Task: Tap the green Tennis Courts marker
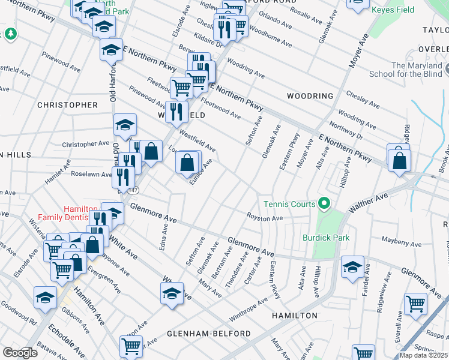click(324, 205)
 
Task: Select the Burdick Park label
click(325, 238)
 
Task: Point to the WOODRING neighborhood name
click(310, 96)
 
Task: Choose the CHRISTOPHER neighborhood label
click(67, 105)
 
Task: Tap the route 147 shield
click(133, 190)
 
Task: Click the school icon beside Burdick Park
click(352, 267)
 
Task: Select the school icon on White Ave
click(172, 293)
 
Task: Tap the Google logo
click(19, 353)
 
